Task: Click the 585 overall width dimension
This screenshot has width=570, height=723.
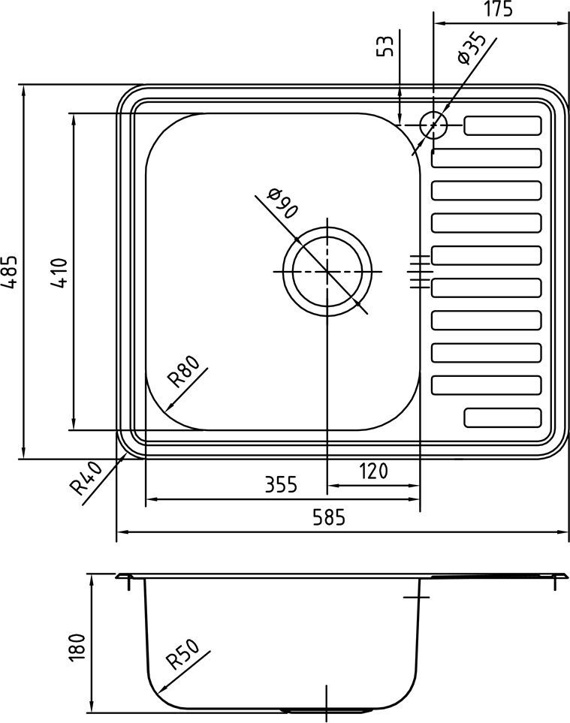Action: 333,517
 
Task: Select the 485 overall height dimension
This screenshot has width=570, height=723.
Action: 11,272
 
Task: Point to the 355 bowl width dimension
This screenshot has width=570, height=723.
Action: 281,484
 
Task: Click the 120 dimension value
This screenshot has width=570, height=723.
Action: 373,471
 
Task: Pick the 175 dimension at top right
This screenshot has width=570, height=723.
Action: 499,10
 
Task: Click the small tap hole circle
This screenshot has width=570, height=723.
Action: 433,125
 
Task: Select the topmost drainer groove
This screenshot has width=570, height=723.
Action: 502,125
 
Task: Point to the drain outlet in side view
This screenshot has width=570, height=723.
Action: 327,709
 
